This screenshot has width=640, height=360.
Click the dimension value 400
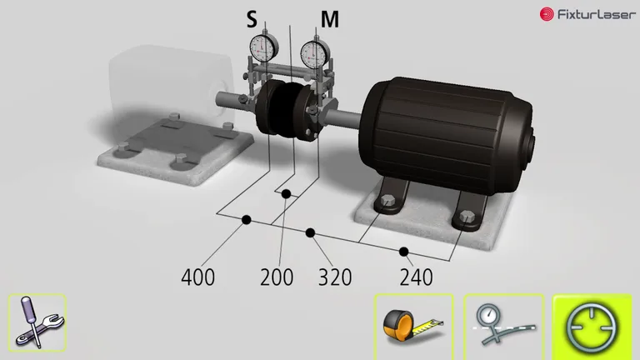pyautogui.click(x=197, y=277)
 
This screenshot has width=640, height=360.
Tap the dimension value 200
pyautogui.click(x=277, y=277)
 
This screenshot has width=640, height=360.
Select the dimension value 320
pyautogui.click(x=335, y=277)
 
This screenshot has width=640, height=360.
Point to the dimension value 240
pyautogui.click(x=416, y=277)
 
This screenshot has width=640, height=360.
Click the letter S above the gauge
pyautogui.click(x=251, y=18)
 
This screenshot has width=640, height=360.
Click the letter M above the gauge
pyautogui.click(x=330, y=18)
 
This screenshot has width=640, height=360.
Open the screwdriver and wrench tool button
pyautogui.click(x=37, y=322)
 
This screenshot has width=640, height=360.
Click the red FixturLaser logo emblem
pyautogui.click(x=547, y=14)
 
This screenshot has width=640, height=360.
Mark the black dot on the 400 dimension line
pyautogui.click(x=247, y=220)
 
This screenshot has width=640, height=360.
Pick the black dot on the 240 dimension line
pyautogui.click(x=404, y=251)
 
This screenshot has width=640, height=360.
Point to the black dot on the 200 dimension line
pyautogui.click(x=285, y=194)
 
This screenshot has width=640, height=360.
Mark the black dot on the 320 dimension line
pyautogui.click(x=310, y=232)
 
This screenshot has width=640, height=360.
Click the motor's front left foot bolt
pyautogui.click(x=387, y=202)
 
